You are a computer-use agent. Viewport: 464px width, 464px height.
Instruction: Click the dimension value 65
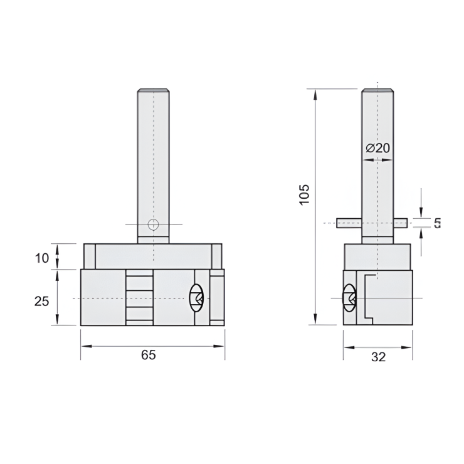(148, 355)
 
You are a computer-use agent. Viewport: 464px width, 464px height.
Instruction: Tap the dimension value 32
(378, 357)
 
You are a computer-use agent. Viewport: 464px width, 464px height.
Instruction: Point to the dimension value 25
(41, 301)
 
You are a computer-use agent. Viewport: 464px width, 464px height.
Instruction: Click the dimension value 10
(41, 257)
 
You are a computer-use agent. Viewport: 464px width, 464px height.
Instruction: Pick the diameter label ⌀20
(377, 148)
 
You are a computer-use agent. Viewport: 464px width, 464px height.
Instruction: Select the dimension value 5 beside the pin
(437, 223)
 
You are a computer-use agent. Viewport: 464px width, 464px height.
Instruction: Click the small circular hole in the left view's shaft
(153, 224)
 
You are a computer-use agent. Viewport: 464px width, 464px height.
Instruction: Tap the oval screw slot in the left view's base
(196, 297)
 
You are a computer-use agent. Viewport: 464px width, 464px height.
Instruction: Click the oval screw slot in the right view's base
(349, 297)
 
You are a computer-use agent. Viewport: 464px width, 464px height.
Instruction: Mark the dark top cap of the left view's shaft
(154, 91)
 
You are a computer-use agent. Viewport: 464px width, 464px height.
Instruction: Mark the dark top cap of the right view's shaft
(377, 91)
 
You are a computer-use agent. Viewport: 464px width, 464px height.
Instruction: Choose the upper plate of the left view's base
(153, 256)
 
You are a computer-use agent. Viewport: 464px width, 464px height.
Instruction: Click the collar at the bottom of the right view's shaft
(377, 240)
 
